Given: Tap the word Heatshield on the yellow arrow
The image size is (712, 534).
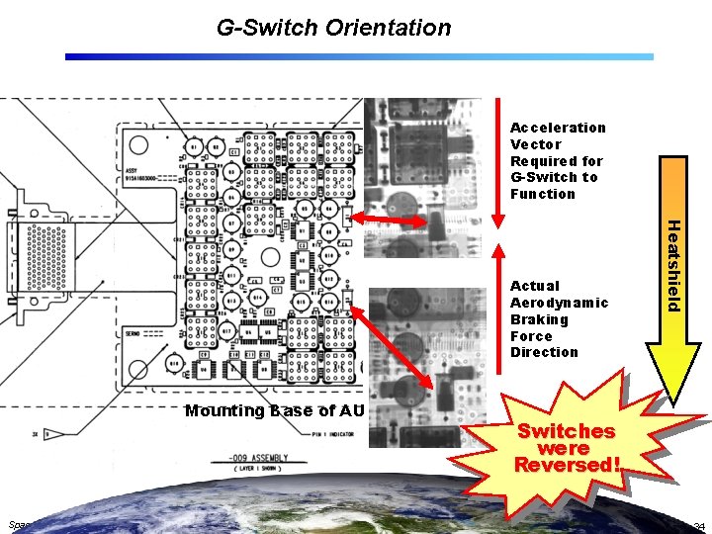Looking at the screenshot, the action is point(670,264).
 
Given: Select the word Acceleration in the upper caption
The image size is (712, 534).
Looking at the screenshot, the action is point(558,128).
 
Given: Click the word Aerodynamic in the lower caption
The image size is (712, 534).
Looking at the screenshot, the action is point(559,303).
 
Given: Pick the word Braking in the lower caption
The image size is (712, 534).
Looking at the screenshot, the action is point(539,319).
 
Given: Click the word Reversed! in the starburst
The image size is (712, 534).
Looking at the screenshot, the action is point(568,464).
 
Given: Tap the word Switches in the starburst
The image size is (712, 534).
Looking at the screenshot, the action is point(567,431).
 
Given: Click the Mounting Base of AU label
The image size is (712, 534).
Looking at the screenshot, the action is point(274,410).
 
